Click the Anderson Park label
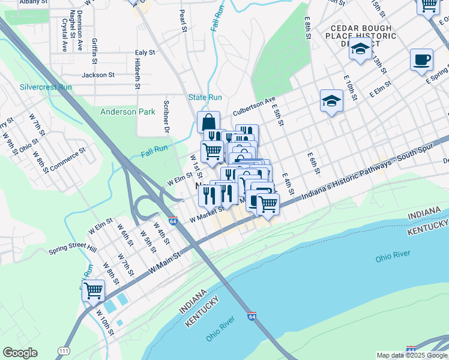click(x=127, y=112)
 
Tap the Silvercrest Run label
click(x=46, y=87)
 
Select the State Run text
click(x=205, y=97)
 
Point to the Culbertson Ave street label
click(x=254, y=103)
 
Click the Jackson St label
click(x=98, y=75)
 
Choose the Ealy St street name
click(x=145, y=53)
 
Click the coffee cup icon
click(x=421, y=60)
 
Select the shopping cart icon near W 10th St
click(x=93, y=291)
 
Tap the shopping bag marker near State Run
click(x=208, y=122)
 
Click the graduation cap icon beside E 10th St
click(x=331, y=100)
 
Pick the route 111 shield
click(x=64, y=350)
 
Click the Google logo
click(x=20, y=353)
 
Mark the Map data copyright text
click(x=411, y=355)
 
